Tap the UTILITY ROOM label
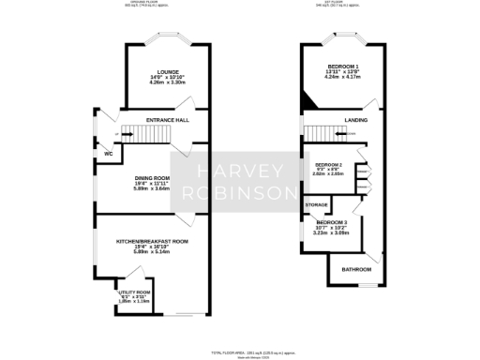[128, 292]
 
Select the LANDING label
[356, 121]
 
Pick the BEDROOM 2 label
[328, 165]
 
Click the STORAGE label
[316, 203]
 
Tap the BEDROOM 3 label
[331, 222]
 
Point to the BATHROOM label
[356, 269]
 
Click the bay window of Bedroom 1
[344, 39]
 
